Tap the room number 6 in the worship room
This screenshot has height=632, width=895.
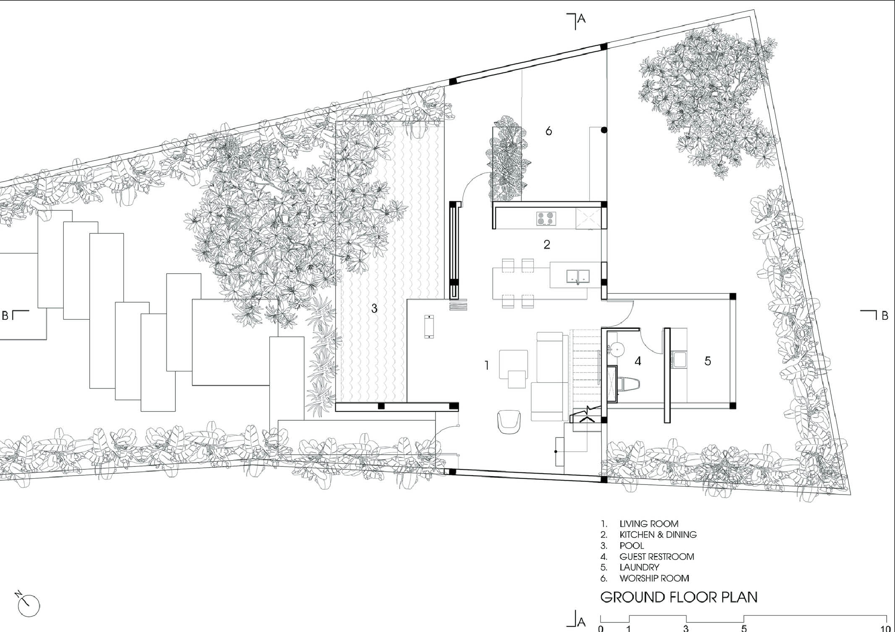[x=548, y=131]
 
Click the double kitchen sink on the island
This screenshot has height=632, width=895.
[x=578, y=277]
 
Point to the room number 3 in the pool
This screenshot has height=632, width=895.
[x=374, y=309]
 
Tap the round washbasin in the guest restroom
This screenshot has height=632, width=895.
[x=616, y=348]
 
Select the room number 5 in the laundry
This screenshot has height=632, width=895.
[x=707, y=361]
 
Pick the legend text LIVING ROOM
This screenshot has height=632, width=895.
[x=649, y=524]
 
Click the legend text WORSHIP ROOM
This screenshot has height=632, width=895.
[x=654, y=578]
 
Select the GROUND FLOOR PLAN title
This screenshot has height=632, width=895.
[x=679, y=597]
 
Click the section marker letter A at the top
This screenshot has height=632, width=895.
[x=581, y=18]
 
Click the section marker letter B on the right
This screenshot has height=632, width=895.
[x=885, y=316]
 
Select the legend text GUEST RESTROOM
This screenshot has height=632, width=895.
[x=657, y=557]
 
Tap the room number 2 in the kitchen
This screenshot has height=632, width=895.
[x=547, y=244]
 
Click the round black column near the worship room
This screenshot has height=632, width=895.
[x=604, y=130]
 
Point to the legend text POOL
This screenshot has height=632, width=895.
[x=631, y=546]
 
